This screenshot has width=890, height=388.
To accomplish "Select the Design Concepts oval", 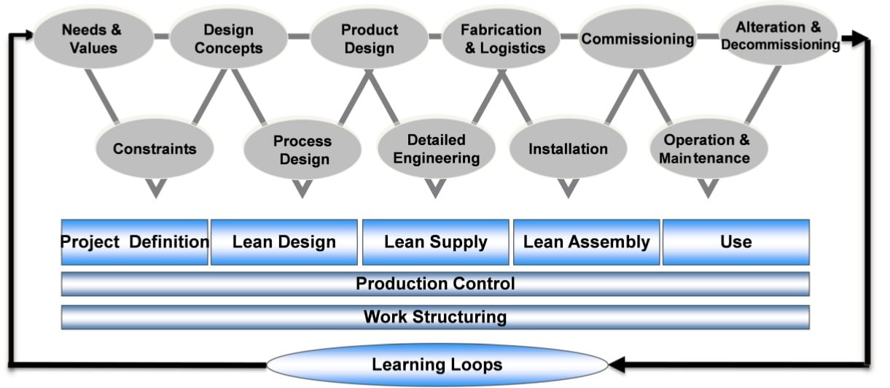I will click(x=228, y=39).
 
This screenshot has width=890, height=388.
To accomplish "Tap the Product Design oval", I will click(x=370, y=39).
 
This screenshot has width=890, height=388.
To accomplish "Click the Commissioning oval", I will click(x=637, y=39).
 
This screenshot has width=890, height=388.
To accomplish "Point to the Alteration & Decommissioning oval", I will click(x=779, y=36).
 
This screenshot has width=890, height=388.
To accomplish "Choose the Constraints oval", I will click(x=155, y=149).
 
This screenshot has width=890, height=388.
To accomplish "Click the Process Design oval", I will click(x=302, y=150).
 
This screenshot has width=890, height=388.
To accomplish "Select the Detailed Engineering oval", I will click(x=436, y=149).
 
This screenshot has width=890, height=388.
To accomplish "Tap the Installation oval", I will click(x=568, y=149).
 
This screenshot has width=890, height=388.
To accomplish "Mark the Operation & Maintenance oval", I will click(x=706, y=149).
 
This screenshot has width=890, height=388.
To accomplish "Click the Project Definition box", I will click(x=135, y=241).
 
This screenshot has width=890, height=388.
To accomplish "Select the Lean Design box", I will click(x=284, y=241).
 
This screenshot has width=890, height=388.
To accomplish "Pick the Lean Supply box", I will click(x=435, y=241).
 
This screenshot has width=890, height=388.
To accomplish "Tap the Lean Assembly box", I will click(x=586, y=241).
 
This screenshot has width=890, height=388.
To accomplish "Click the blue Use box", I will click(x=735, y=241).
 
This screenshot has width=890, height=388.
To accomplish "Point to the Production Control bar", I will click(x=435, y=284).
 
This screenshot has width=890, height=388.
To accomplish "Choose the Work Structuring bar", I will click(x=435, y=317).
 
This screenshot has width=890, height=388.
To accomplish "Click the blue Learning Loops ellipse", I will click(x=437, y=363).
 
